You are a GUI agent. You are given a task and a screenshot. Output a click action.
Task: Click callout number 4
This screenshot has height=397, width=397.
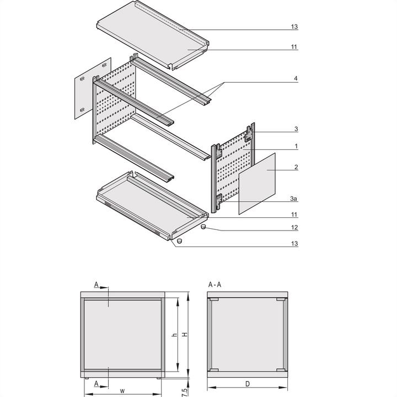[296, 79]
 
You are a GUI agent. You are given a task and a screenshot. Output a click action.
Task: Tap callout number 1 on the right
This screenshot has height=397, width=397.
[296, 147]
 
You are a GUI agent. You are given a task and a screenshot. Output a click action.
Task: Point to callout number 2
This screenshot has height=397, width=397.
[296, 167]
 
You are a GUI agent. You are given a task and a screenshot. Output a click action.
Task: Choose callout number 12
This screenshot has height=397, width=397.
[296, 227]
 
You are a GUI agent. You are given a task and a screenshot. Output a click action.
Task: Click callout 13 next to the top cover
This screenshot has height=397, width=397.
[296, 26]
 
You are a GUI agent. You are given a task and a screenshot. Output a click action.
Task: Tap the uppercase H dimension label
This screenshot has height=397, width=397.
[185, 335]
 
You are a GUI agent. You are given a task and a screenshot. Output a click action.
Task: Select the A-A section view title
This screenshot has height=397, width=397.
[216, 284]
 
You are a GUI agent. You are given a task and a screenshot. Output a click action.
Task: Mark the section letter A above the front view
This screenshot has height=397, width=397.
[96, 285]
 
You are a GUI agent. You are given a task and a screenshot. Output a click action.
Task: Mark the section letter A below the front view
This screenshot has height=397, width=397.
[96, 383]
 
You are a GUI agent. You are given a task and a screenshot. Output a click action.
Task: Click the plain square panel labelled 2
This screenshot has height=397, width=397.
[256, 184]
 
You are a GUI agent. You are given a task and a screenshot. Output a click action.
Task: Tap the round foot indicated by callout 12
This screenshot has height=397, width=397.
[203, 226]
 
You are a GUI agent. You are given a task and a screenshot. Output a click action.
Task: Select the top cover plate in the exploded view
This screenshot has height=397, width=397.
[152, 34]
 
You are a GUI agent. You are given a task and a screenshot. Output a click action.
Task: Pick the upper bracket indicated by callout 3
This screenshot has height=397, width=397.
[250, 132]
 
